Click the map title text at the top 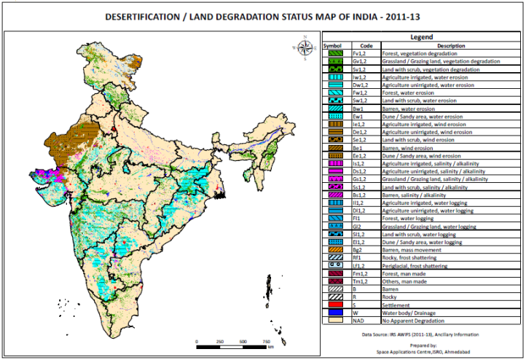(262, 15)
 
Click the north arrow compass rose (305, 45)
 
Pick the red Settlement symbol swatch (332, 305)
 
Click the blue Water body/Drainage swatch (332, 313)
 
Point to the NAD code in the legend (358, 321)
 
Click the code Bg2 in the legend (357, 249)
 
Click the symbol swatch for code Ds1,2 (332, 171)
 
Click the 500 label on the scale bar (241, 341)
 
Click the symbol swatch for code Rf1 (332, 257)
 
